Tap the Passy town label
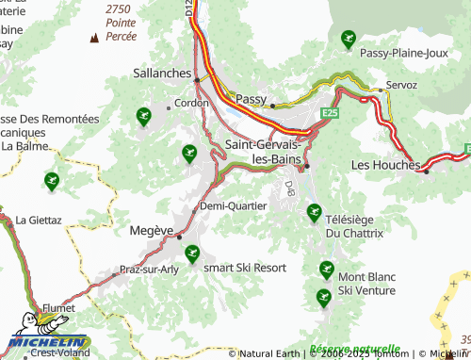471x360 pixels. tap(252, 98)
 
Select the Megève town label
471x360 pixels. tap(150, 230)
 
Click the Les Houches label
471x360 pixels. tap(384, 164)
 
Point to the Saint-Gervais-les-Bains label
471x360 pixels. tap(264, 152)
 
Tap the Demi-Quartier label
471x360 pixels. tap(233, 205)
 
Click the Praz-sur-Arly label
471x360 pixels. tap(143, 269)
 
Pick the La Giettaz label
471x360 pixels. tap(39, 220)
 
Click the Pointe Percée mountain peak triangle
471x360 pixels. tap(93, 38)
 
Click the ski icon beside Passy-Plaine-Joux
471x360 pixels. tap(348, 39)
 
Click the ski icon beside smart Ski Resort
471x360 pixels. tap(192, 253)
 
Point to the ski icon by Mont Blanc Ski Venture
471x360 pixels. tap(327, 270)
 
